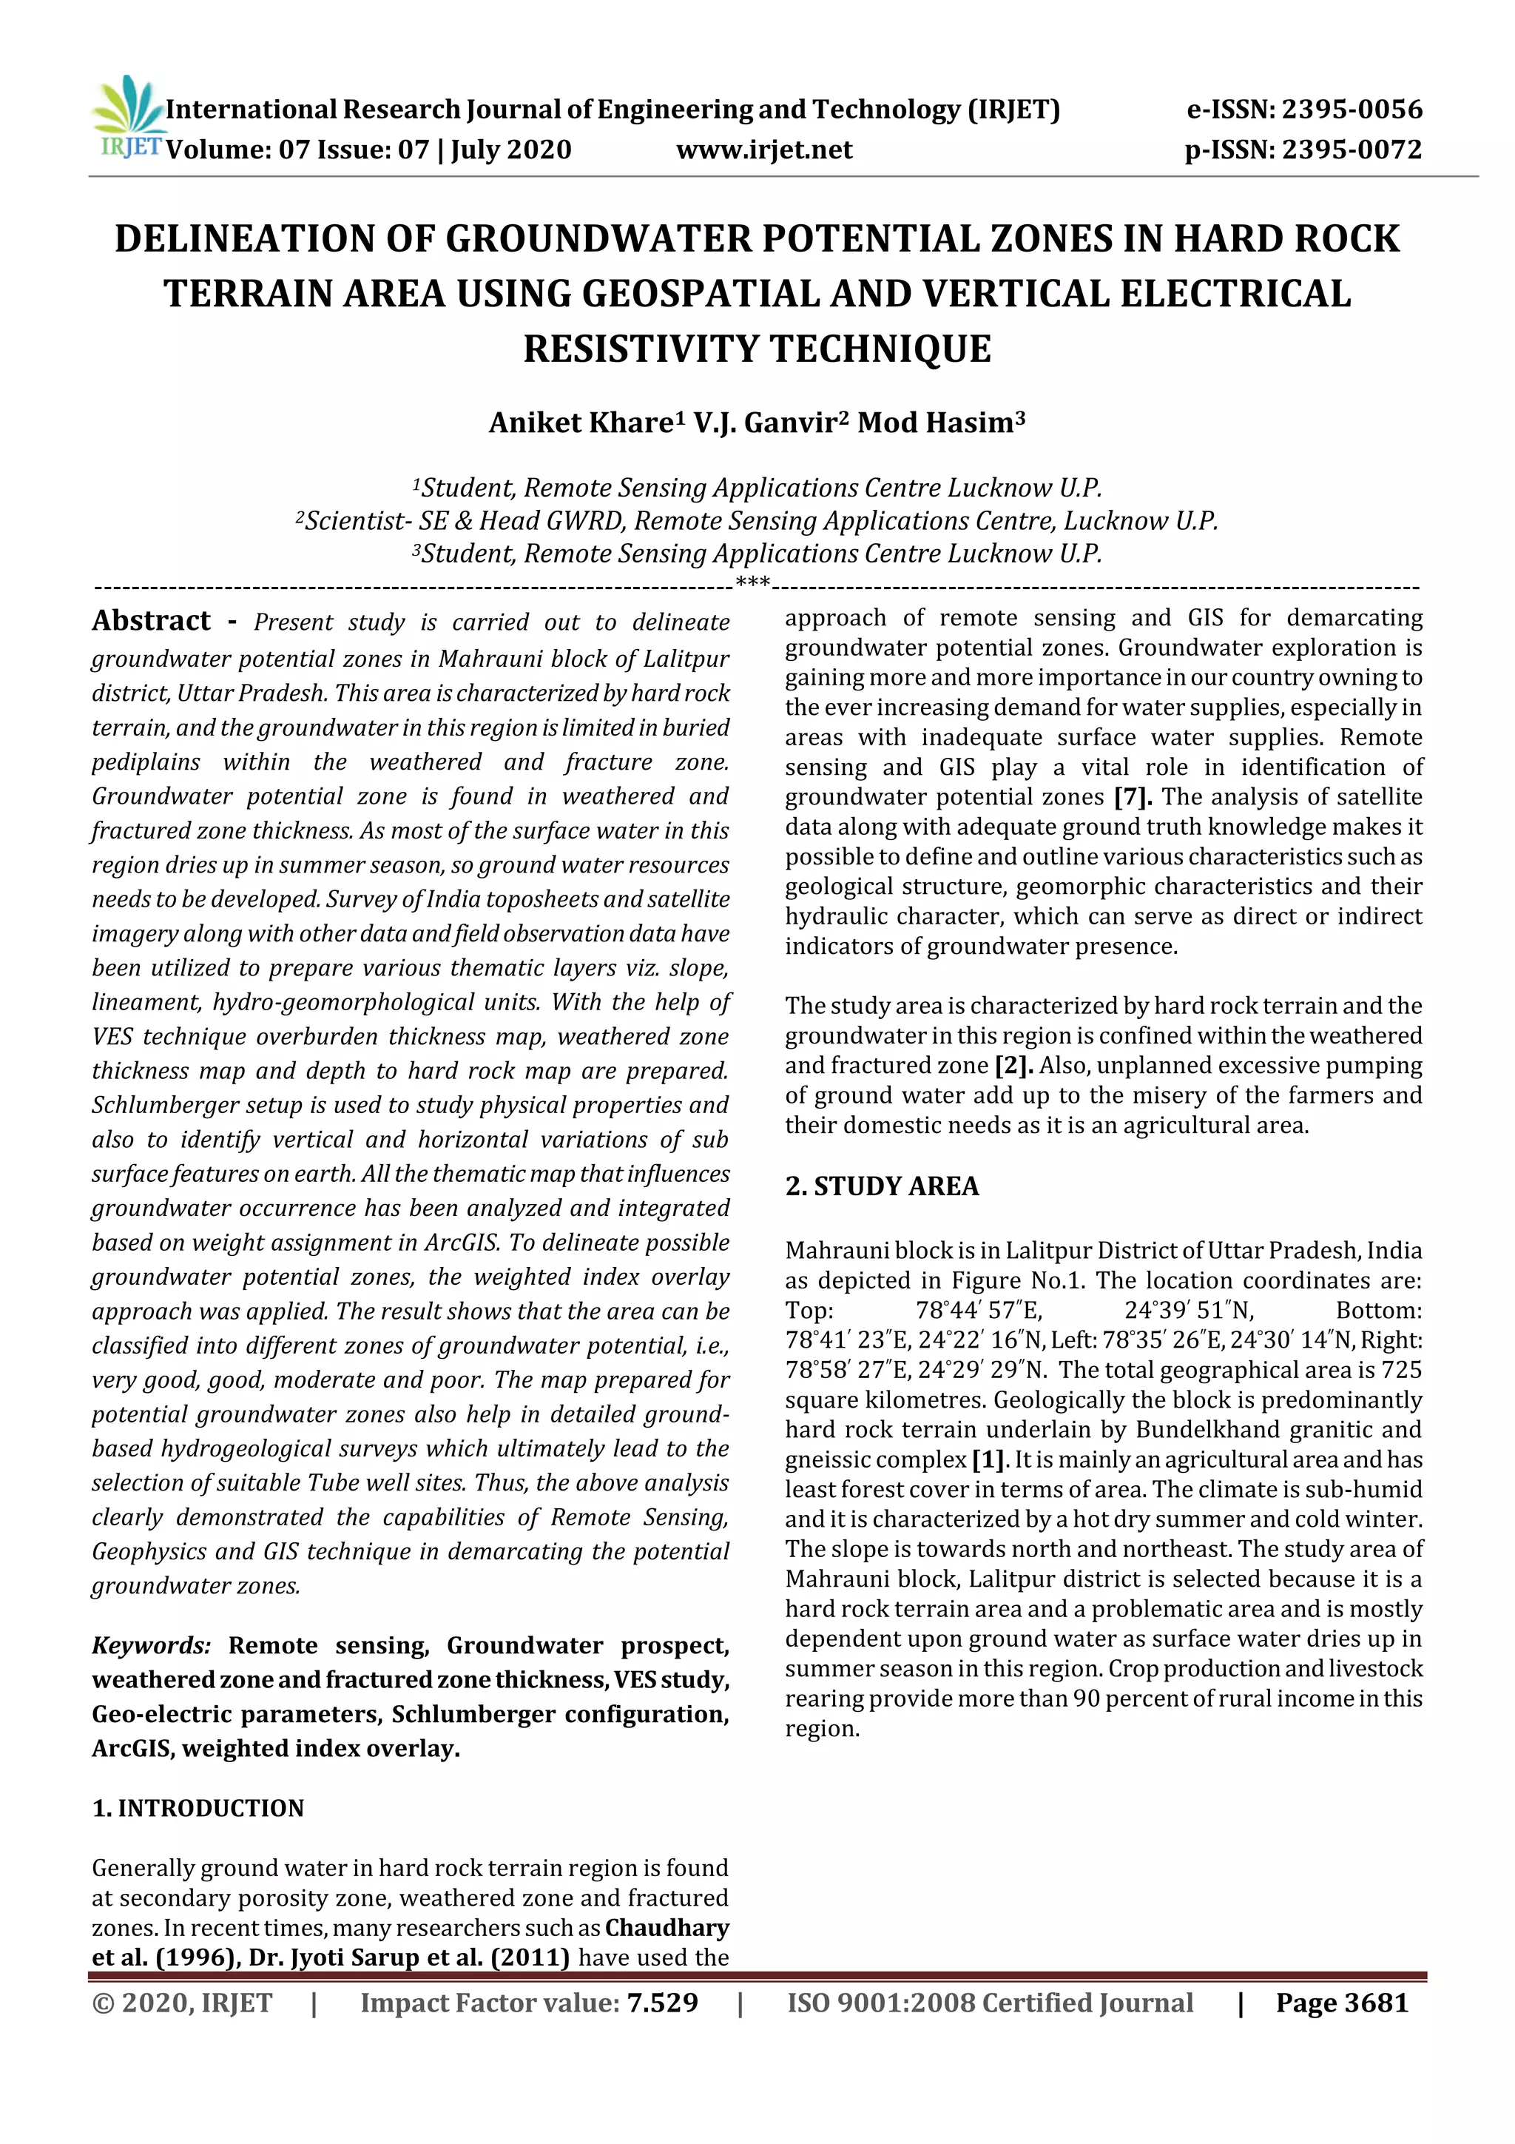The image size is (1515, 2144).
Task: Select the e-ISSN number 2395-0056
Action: (1352, 110)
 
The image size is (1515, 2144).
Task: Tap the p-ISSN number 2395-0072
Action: (1352, 149)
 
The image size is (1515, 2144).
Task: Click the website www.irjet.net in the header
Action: (763, 149)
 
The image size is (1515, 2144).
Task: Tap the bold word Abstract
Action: (151, 621)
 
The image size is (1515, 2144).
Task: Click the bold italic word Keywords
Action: (151, 1645)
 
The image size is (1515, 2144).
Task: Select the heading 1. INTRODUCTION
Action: (198, 1809)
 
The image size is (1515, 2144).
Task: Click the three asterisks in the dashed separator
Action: (752, 584)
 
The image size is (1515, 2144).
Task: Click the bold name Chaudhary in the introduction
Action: (667, 1929)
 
